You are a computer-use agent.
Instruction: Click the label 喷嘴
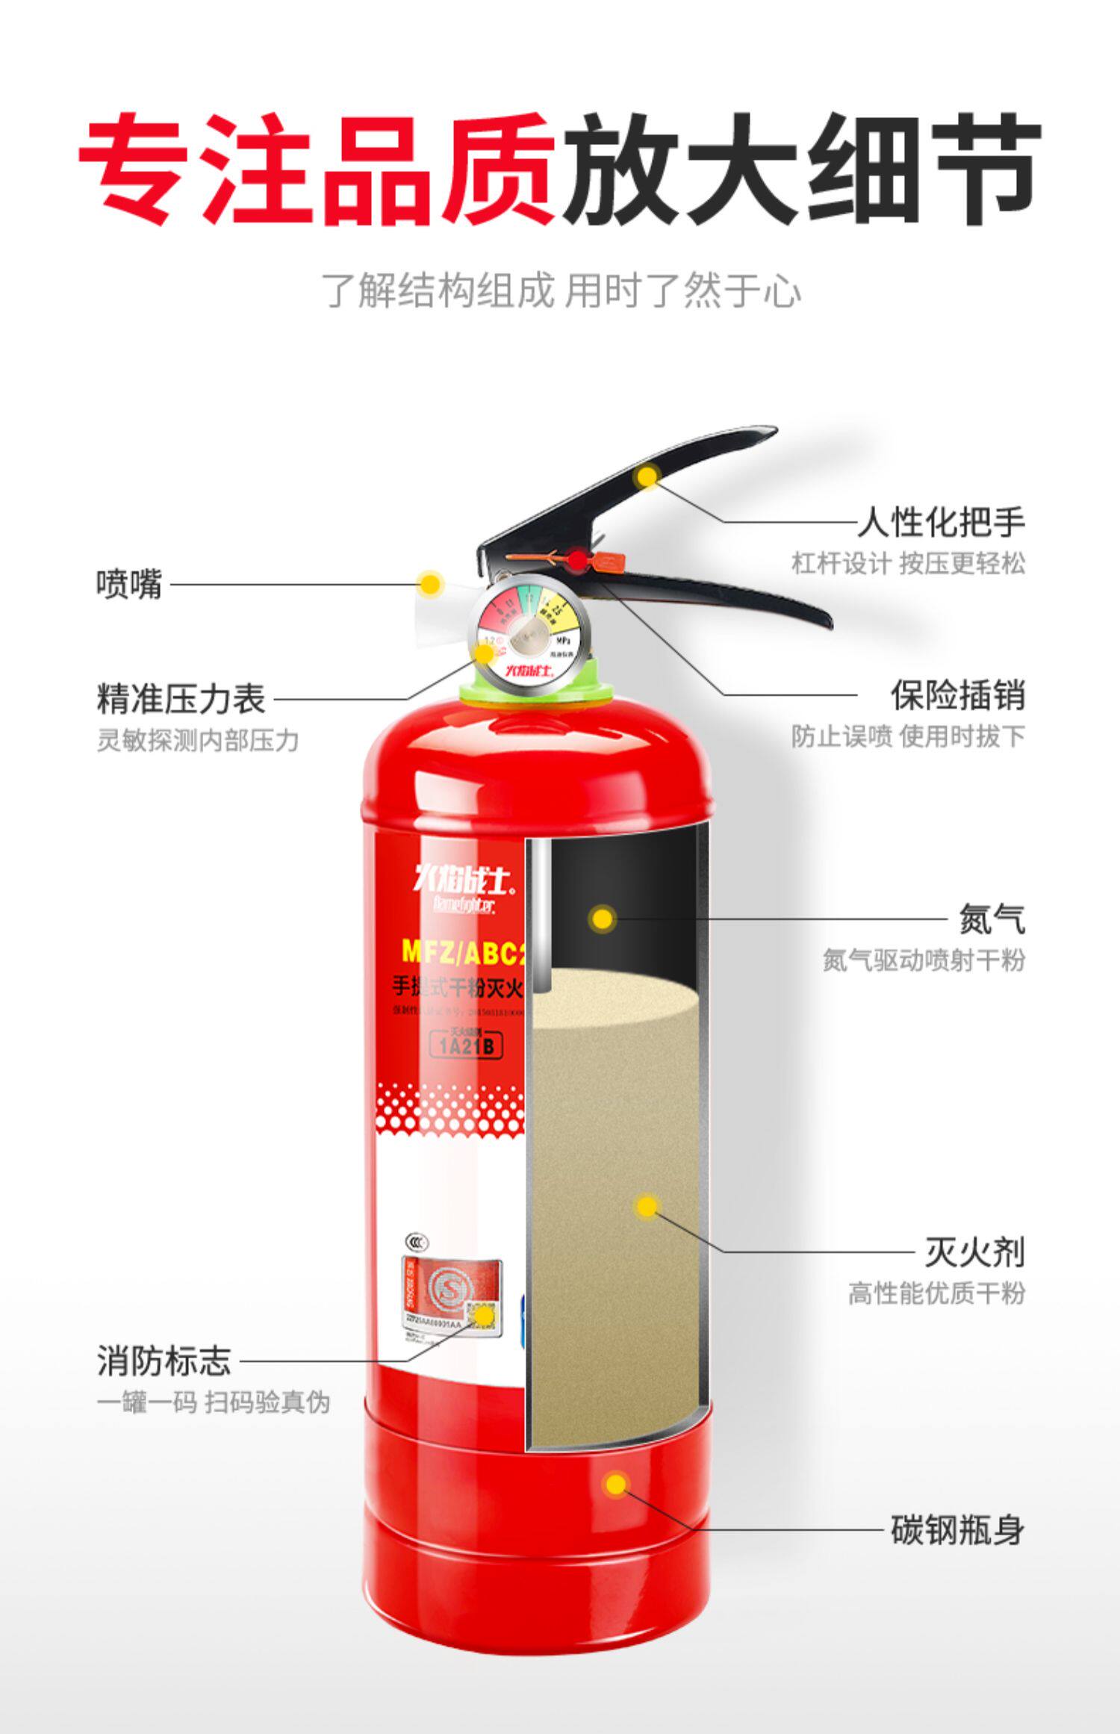pos(129,584)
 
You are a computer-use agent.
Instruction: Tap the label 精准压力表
pos(181,699)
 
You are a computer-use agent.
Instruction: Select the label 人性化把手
pos(941,522)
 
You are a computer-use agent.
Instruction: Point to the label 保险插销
pos(957,695)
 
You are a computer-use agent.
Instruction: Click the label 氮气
pos(992,919)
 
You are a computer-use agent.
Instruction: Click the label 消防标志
pos(164,1360)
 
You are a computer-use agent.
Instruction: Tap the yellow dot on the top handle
pos(647,476)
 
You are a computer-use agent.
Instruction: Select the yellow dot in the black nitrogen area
pos(602,919)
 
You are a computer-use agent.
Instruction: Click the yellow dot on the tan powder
pos(647,1206)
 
